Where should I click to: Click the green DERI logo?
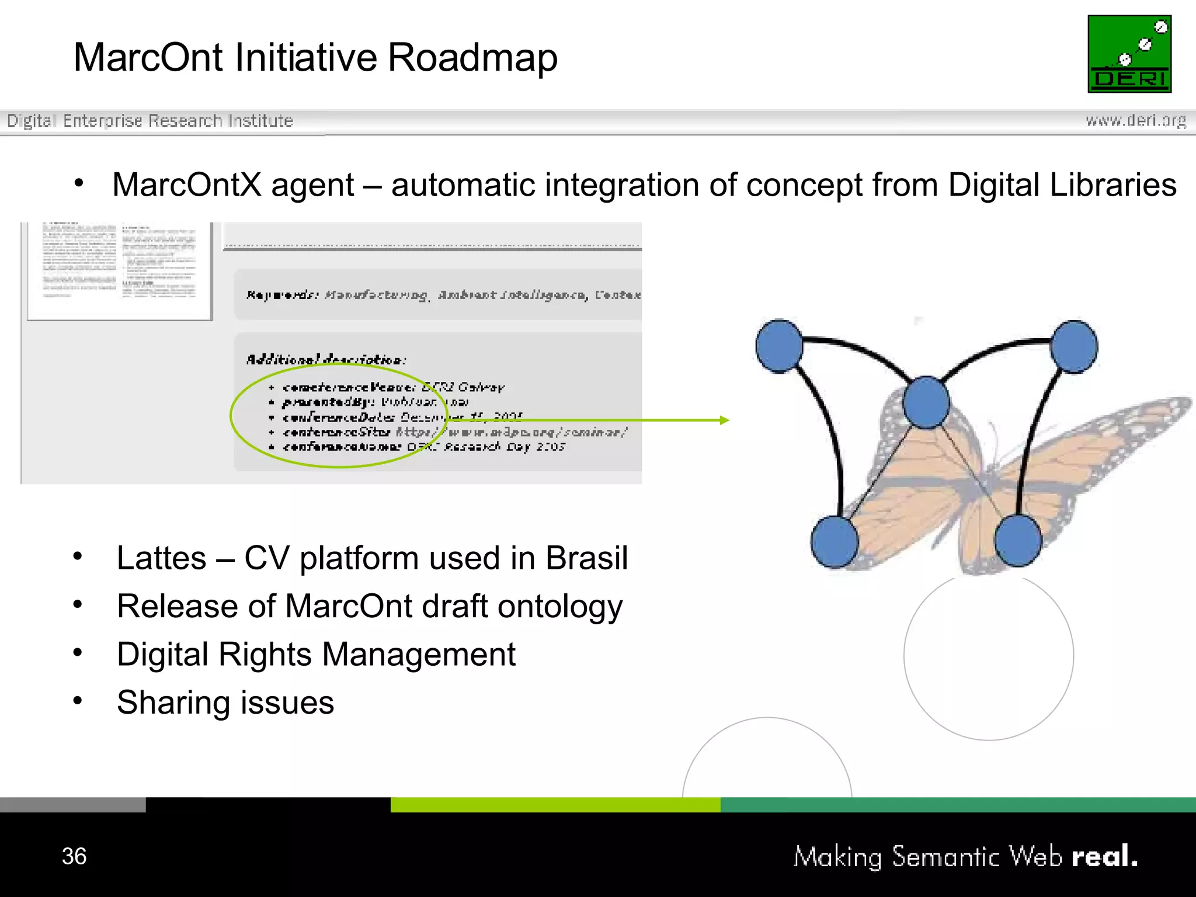tap(1129, 54)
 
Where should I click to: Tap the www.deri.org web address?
tap(1135, 120)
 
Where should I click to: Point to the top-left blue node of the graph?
tap(779, 346)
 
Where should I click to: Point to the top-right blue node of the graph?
tap(1073, 346)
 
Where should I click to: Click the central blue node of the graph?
tap(926, 402)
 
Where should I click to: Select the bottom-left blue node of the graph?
tap(835, 541)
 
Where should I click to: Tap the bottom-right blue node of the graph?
tap(1018, 540)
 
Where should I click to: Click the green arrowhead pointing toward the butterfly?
tap(725, 420)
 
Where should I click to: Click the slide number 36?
tap(74, 856)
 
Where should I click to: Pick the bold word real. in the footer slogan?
tap(1104, 856)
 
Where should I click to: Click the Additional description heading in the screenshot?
tap(325, 359)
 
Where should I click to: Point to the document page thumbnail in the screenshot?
tap(119, 270)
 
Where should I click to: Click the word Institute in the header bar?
tap(260, 121)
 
